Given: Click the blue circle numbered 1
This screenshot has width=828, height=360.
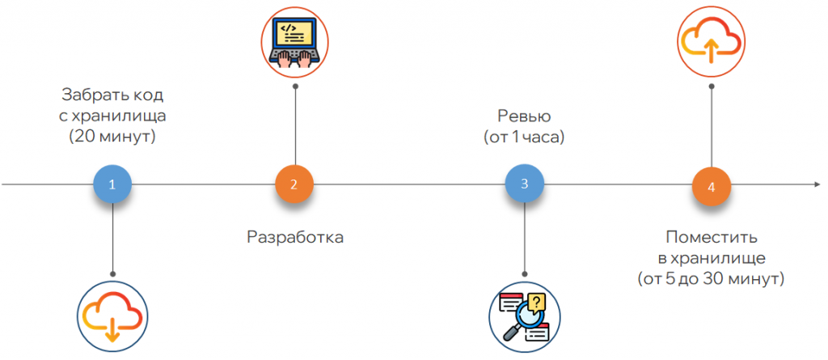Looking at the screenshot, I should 112,184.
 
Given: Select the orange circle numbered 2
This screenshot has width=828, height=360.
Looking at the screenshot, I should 294,184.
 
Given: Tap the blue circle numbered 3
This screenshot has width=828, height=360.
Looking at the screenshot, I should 525,184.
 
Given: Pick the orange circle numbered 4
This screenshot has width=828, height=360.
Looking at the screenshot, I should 712,187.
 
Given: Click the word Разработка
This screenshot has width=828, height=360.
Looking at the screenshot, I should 295,238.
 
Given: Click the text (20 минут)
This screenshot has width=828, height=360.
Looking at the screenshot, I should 112,137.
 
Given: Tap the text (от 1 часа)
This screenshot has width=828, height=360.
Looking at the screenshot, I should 525,138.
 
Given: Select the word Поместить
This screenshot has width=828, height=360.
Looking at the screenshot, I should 712,237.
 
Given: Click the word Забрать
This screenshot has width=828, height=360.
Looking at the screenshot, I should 89,95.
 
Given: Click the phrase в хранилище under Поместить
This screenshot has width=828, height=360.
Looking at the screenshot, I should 712,258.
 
